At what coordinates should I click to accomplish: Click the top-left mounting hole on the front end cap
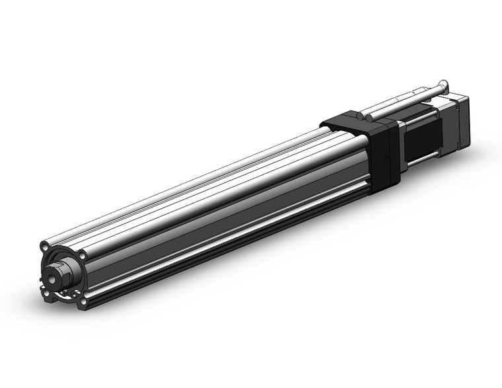tap(44, 246)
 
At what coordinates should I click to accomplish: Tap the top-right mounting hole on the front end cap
tap(81, 256)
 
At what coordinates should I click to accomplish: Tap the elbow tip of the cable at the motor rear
tap(445, 85)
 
